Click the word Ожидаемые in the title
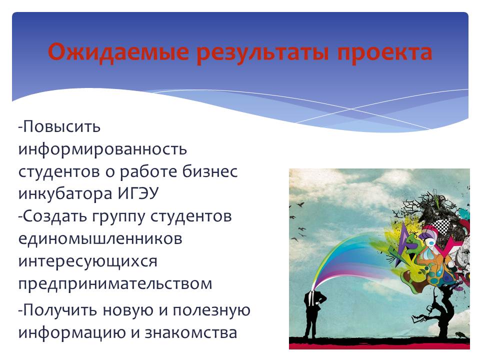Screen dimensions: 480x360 point(118,52)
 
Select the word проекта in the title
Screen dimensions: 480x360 point(384,52)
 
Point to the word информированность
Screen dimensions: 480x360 point(102,150)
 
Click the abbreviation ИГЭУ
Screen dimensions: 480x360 point(138,193)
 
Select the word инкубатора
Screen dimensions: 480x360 point(65,194)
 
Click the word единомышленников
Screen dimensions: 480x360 point(100,239)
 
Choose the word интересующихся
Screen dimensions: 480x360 point(87,262)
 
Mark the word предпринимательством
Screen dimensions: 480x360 point(115,284)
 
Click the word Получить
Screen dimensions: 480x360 point(58,310)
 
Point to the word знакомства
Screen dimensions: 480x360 point(190,333)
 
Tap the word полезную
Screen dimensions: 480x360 point(211,310)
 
